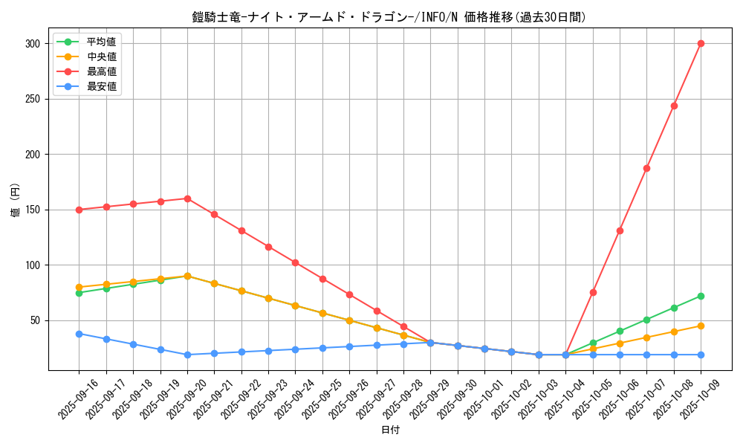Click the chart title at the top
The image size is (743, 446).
pos(389,17)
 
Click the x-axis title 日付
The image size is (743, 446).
pos(390,430)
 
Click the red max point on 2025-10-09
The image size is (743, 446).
pos(701,43)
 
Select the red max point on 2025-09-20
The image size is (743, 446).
pos(187,198)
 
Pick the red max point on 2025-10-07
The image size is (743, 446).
pos(646,168)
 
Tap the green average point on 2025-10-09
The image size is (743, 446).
pos(701,296)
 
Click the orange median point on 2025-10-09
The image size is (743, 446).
pos(701,326)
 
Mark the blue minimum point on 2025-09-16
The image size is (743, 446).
pos(79,334)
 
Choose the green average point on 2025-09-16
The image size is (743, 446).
pos(79,293)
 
